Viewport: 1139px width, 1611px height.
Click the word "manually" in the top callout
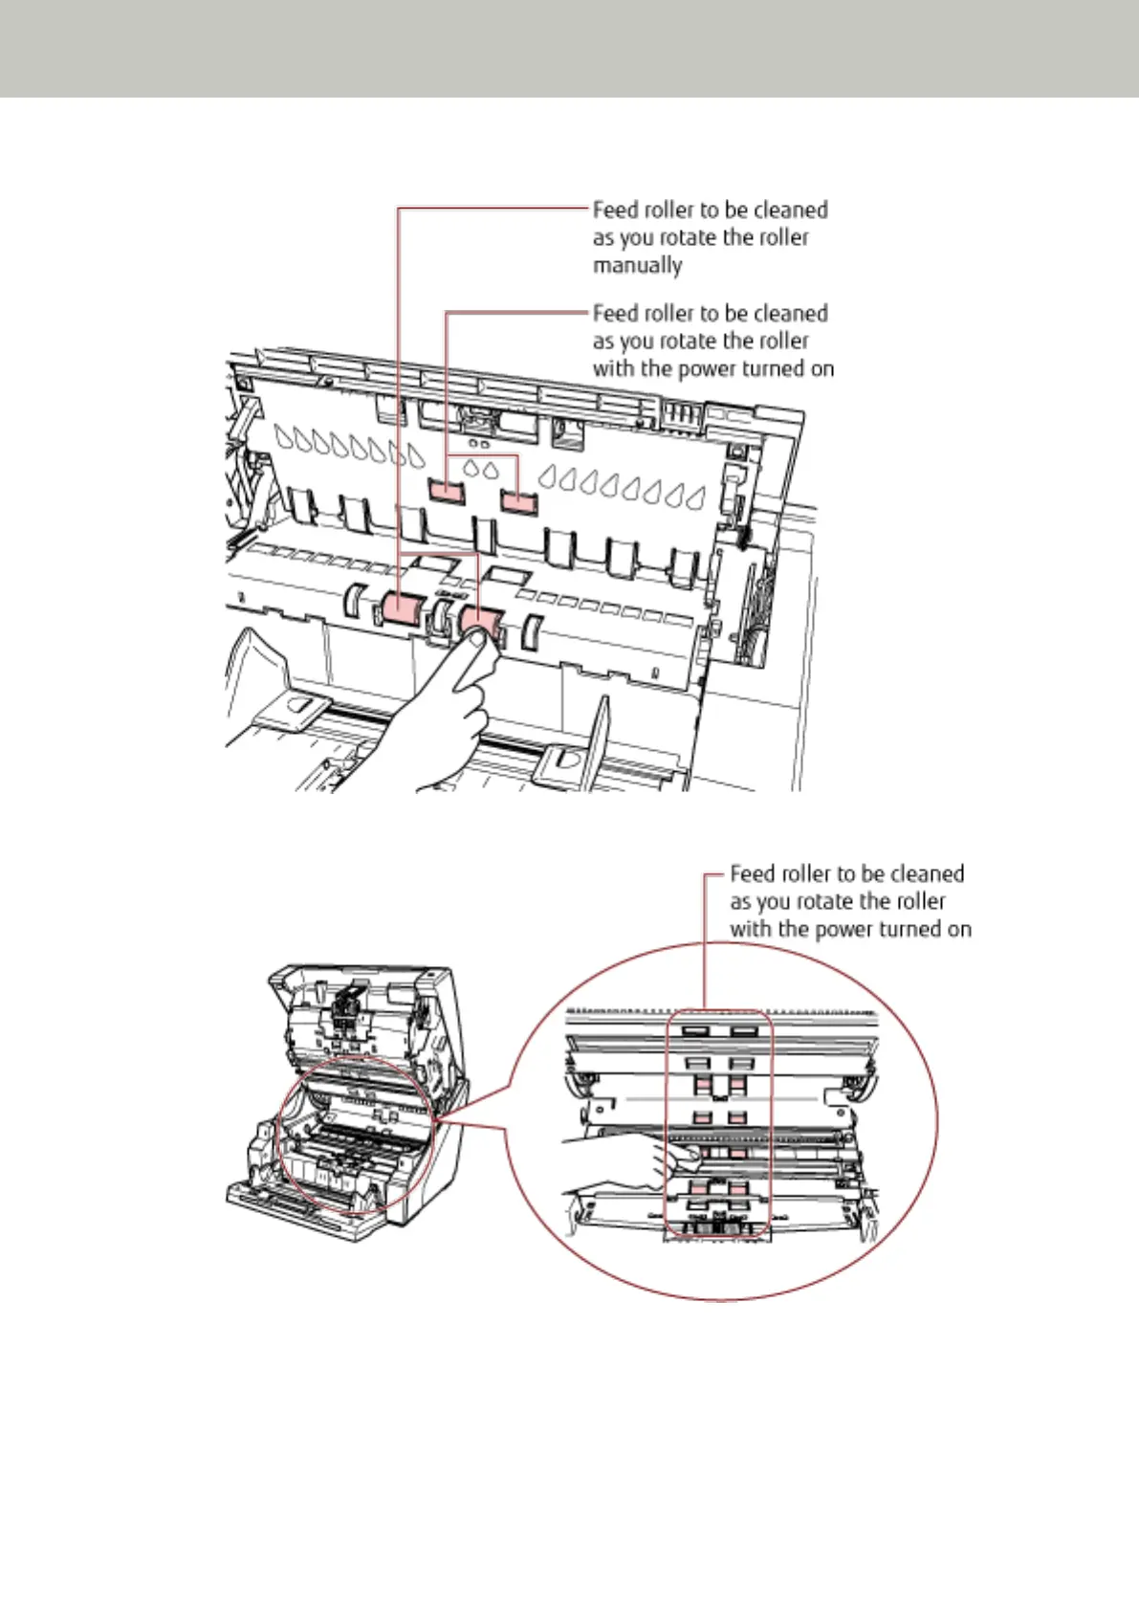(x=637, y=265)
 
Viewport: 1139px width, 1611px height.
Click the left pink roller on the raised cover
(x=446, y=492)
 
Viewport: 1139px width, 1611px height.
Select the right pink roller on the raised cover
(x=518, y=500)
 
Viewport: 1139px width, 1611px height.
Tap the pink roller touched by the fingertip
(x=482, y=622)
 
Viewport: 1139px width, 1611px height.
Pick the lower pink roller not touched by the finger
(x=403, y=608)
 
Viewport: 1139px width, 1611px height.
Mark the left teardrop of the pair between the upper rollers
(x=471, y=469)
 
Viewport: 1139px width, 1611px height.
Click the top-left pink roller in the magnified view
(x=702, y=1085)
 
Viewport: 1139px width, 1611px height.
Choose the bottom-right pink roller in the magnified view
(x=738, y=1188)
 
